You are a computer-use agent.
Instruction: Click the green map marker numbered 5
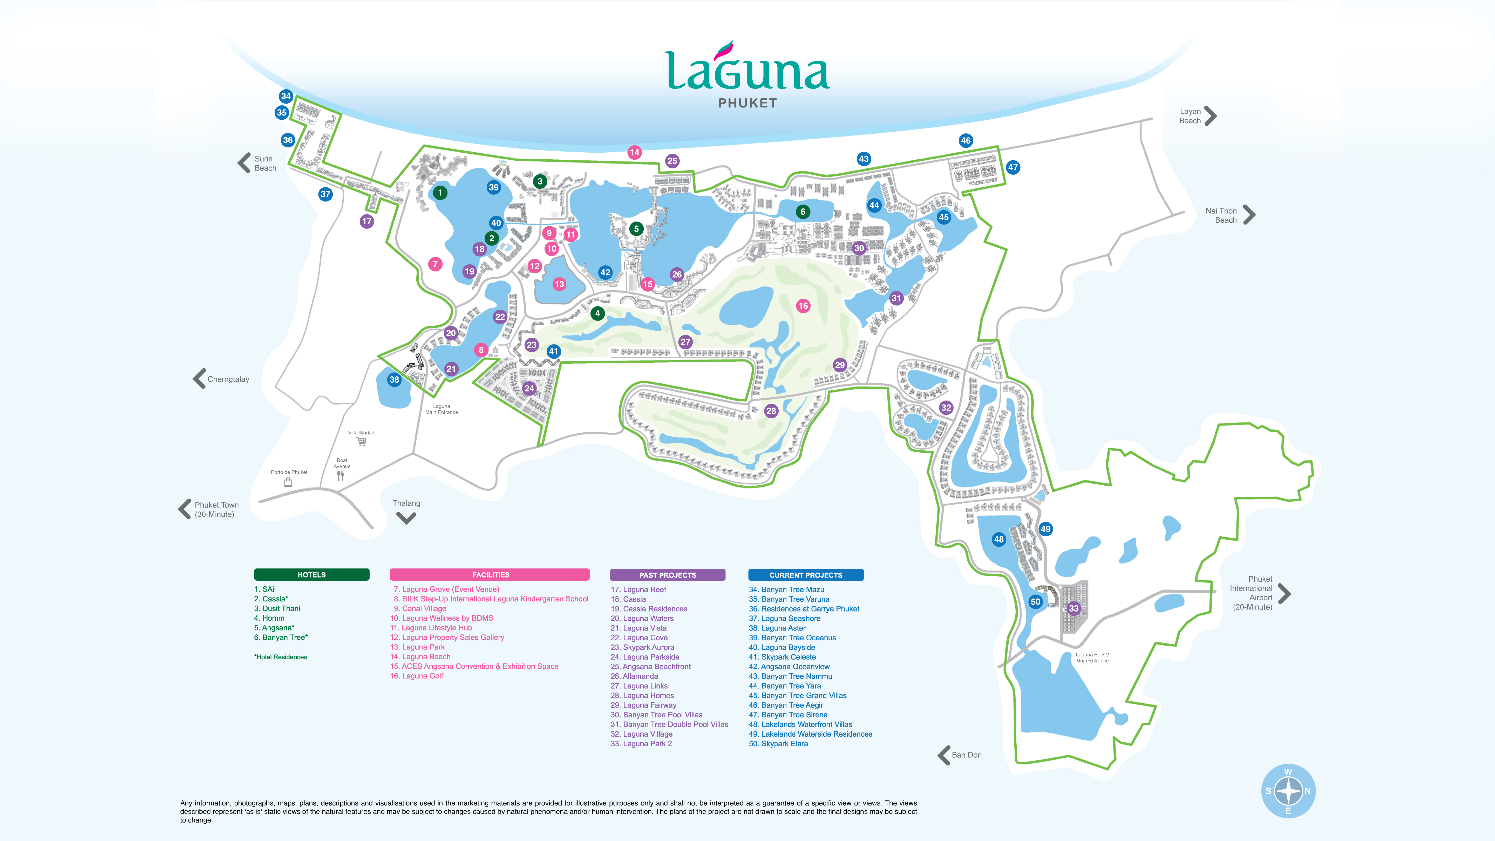[636, 229]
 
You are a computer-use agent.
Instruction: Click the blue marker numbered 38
[394, 379]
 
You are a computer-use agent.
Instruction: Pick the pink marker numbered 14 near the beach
[634, 153]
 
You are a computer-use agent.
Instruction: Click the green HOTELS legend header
[312, 575]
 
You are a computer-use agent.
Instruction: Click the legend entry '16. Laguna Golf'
[417, 676]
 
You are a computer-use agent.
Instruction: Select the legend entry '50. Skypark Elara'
[778, 743]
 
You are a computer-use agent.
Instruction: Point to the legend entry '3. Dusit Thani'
[277, 608]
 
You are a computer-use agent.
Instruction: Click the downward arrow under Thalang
[406, 518]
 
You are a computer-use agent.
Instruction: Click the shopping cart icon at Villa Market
[362, 442]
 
